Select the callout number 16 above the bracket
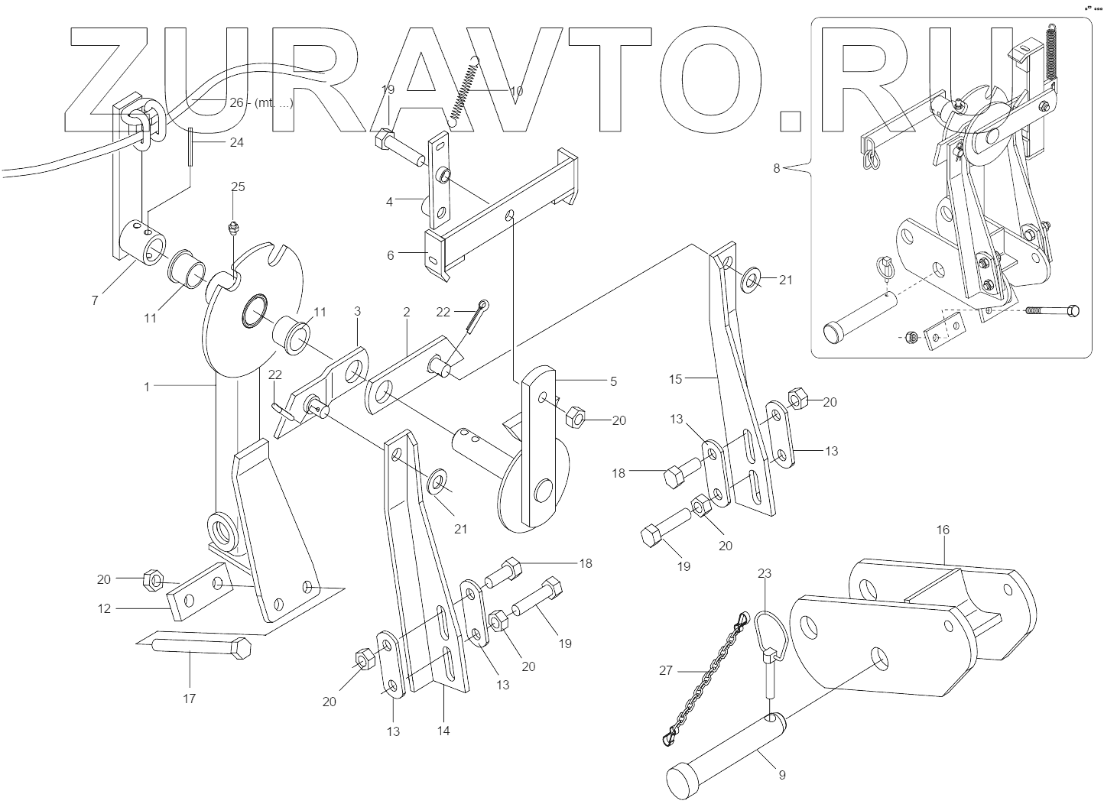(x=943, y=530)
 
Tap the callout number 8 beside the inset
(x=777, y=168)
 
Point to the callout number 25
(x=239, y=186)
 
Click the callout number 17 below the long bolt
(x=189, y=698)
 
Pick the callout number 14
(x=443, y=731)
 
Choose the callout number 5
(x=613, y=381)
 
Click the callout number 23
(x=765, y=573)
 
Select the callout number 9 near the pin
(x=782, y=774)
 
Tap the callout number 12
(x=105, y=608)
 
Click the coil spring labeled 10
(x=466, y=91)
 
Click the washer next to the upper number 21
(x=750, y=280)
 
